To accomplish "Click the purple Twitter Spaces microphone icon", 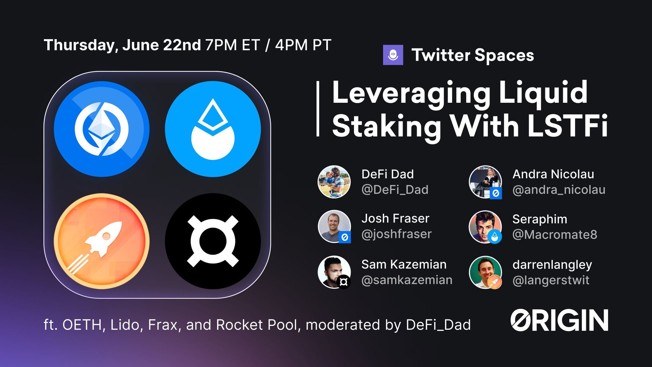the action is coord(393,55).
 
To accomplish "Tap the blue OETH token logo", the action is coord(102,129).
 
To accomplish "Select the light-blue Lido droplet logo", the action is coord(213,129).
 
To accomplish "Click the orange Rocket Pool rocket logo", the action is coord(102,241).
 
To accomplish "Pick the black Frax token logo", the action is coord(213,241).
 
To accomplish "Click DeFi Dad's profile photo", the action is coord(334,182).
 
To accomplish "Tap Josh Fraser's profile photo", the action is coord(334,226).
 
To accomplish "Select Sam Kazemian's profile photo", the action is coord(334,272).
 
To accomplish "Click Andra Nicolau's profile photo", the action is coord(485,182).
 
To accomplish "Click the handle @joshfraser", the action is coord(396,234).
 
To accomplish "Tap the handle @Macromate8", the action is coord(555,235).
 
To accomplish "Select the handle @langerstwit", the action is coord(551,280).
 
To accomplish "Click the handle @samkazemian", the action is coord(407,280).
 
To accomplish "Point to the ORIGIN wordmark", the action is coord(559,320).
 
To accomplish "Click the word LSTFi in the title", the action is coord(568,126).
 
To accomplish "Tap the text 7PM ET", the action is coord(233,45).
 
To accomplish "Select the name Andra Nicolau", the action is coord(553,174).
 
